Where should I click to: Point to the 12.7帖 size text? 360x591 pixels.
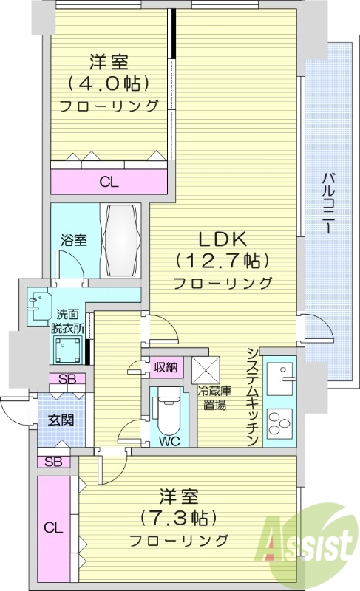222,260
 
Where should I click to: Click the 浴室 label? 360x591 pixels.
74,240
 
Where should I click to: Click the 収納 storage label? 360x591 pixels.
166,366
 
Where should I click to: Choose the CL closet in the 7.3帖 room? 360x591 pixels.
52,527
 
